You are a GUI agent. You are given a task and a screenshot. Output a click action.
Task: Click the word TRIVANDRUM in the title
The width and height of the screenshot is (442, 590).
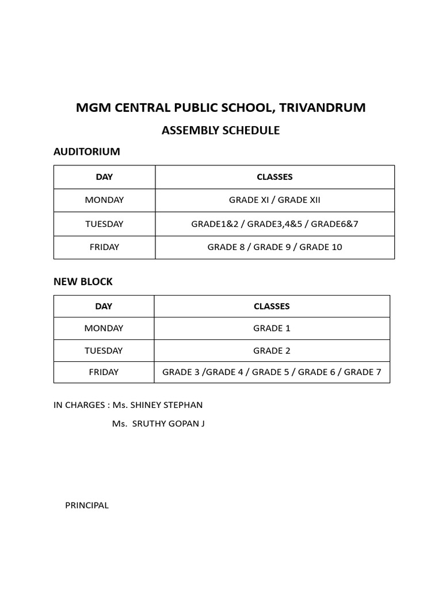[x=322, y=108]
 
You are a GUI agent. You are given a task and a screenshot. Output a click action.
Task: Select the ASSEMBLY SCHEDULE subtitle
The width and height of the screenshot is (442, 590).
[x=220, y=130]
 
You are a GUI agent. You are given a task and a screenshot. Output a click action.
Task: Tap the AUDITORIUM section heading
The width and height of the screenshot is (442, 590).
[x=87, y=152]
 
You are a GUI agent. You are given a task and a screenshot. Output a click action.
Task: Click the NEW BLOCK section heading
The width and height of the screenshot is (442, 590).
[x=83, y=282]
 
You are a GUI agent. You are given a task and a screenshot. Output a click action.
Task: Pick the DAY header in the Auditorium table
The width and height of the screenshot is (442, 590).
[x=104, y=177]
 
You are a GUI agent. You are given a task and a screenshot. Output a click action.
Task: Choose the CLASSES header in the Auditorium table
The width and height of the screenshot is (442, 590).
[x=275, y=177]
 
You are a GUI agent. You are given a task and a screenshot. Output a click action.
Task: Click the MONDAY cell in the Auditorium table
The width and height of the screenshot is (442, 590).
[x=104, y=200]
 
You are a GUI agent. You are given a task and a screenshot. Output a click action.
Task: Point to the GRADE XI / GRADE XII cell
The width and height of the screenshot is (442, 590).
[x=275, y=200]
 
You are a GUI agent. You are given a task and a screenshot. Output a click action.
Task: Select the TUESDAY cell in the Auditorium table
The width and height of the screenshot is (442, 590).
[x=104, y=224]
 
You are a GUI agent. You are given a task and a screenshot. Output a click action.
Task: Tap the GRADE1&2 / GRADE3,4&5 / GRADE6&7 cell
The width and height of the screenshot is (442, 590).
[x=275, y=224]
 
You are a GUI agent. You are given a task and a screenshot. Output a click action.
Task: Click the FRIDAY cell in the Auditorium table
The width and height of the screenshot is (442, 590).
[x=104, y=247]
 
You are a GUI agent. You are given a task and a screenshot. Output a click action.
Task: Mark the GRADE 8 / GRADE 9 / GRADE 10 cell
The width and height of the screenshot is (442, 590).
[x=275, y=247]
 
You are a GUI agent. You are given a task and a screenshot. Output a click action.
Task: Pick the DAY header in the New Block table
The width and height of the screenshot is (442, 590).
[x=104, y=306]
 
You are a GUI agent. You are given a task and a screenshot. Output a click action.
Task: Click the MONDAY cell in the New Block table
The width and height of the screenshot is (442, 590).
[x=104, y=328]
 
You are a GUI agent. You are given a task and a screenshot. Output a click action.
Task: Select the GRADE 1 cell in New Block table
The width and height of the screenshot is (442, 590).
[x=272, y=328]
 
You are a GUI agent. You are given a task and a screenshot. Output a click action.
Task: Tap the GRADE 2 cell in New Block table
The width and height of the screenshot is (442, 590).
[x=272, y=350]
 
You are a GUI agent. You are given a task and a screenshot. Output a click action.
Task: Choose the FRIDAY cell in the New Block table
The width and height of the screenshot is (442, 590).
[x=104, y=372]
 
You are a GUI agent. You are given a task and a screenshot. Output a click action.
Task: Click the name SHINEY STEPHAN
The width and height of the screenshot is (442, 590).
[x=166, y=405]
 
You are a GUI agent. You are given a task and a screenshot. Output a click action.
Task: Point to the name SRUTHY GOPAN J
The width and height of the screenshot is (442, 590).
[x=167, y=424]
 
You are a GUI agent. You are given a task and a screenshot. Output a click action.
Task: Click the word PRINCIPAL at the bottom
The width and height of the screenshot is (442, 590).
[x=87, y=505]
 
